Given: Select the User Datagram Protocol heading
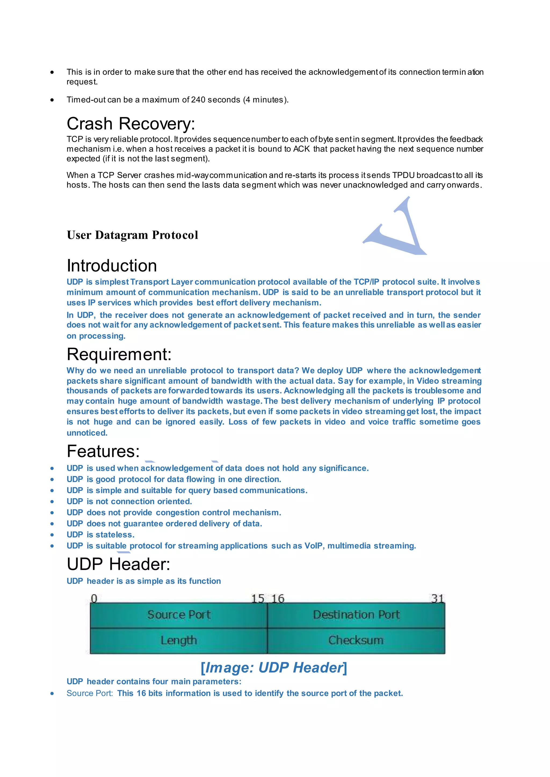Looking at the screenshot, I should (132, 235).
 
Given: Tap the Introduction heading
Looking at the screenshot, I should (112, 266).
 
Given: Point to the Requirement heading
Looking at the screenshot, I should (119, 354).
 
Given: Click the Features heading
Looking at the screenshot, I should (103, 451).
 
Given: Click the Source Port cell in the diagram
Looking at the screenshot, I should (179, 615).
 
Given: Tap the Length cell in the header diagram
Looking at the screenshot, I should (179, 640).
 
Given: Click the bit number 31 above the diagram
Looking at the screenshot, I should (437, 598).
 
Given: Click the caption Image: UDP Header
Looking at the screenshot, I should (274, 668).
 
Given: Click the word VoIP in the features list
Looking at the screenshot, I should (313, 546).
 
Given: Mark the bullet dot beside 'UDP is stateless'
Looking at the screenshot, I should (52, 535).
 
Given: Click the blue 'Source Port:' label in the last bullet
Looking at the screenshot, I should (90, 693).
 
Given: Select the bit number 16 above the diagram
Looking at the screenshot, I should (278, 598).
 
